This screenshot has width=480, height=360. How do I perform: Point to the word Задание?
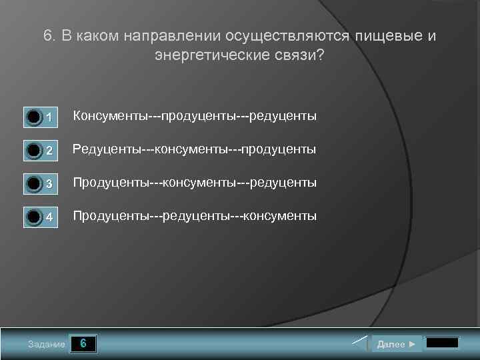click(47, 345)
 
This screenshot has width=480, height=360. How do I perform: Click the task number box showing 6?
click(83, 344)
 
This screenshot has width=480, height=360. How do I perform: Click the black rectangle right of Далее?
click(442, 343)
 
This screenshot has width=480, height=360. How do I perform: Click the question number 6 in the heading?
click(48, 36)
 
